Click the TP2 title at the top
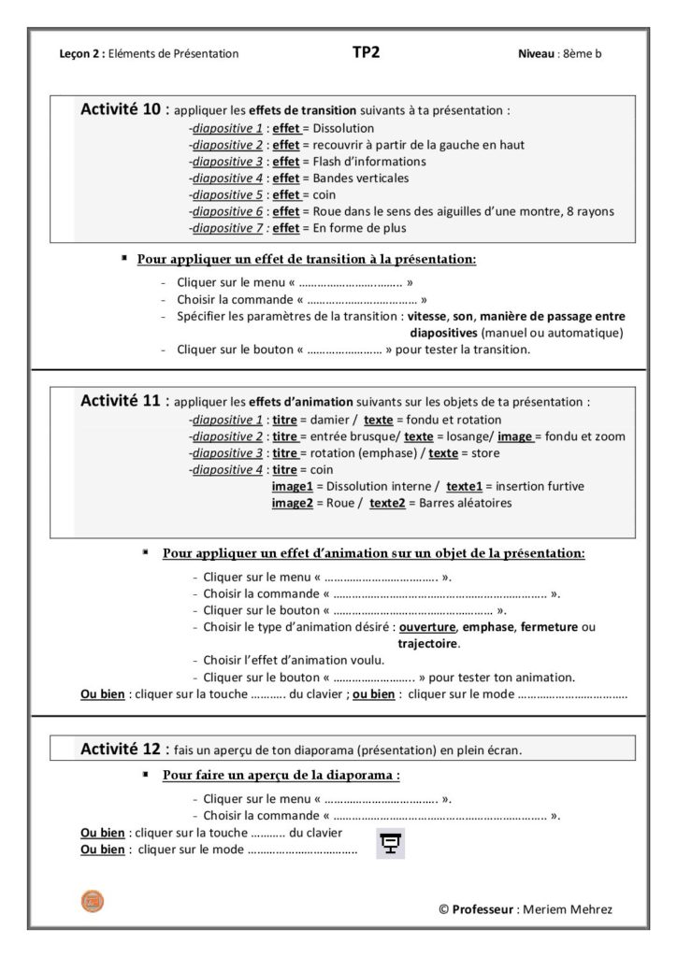[x=367, y=52]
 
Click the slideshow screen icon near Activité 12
[x=391, y=843]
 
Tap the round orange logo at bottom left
[x=93, y=901]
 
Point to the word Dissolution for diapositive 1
[x=343, y=128]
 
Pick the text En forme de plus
[x=361, y=228]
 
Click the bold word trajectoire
[x=428, y=643]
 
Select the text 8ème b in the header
[x=583, y=53]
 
